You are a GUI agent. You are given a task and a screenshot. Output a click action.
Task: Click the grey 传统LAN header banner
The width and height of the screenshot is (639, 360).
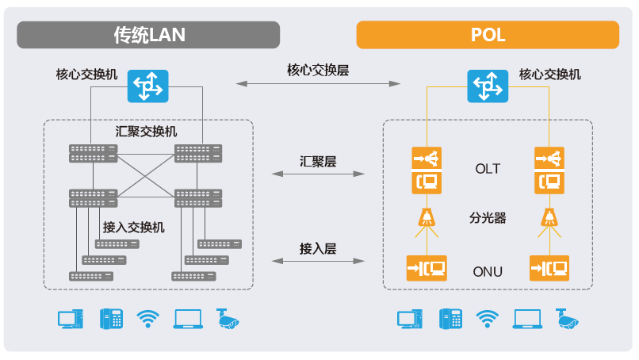coord(148,35)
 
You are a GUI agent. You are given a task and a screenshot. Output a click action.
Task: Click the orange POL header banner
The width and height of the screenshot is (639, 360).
coord(488,35)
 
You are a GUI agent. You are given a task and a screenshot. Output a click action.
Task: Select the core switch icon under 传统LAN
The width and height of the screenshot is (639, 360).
coord(148,85)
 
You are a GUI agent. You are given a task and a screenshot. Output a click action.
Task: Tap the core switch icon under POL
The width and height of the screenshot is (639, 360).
coord(487,85)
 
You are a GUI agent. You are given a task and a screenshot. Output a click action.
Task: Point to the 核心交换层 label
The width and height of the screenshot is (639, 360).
coord(318,70)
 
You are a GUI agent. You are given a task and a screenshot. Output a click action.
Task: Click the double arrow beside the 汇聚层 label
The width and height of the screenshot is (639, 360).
coord(318,173)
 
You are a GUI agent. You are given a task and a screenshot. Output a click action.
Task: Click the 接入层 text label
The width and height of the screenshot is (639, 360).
coord(318,248)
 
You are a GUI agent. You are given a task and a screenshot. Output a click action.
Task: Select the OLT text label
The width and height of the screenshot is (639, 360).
coord(488,169)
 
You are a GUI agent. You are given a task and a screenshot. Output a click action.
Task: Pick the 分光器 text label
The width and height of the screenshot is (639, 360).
coord(488,216)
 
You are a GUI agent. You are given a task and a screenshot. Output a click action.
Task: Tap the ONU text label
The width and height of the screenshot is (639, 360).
coord(488,270)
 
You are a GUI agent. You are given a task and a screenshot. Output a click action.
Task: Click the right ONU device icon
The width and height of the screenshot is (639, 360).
coord(548,267)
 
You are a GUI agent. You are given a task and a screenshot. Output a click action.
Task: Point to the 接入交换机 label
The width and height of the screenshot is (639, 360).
coord(133,228)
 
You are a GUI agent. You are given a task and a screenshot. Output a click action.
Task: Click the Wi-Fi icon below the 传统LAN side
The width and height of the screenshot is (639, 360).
coord(148,319)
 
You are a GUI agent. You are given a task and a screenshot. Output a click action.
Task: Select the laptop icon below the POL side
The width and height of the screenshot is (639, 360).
coord(526,319)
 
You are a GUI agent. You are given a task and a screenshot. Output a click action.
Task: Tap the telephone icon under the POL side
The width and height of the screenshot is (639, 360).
coord(450,319)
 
